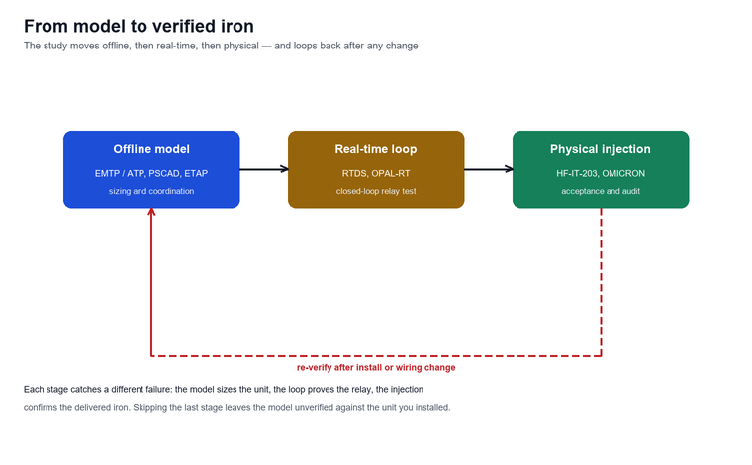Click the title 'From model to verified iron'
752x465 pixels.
point(140,26)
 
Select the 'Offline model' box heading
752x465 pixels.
point(151,149)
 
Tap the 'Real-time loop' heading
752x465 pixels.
point(376,149)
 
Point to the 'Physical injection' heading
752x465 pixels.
point(601,149)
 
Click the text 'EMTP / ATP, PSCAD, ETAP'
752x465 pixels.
point(151,173)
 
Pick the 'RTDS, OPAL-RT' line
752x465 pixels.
point(376,173)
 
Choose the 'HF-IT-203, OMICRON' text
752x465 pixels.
point(601,173)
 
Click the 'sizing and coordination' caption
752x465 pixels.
point(151,191)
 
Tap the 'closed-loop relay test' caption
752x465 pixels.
point(376,191)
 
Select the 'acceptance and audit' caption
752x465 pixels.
point(601,191)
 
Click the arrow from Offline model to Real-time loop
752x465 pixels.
point(264,169)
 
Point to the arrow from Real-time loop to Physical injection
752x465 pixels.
point(488,169)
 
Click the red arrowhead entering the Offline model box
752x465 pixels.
point(151,212)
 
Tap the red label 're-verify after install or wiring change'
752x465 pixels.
point(376,368)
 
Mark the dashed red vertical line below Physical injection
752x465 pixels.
point(601,282)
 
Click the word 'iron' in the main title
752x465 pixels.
point(236,26)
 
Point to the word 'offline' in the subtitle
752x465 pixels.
point(116,46)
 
